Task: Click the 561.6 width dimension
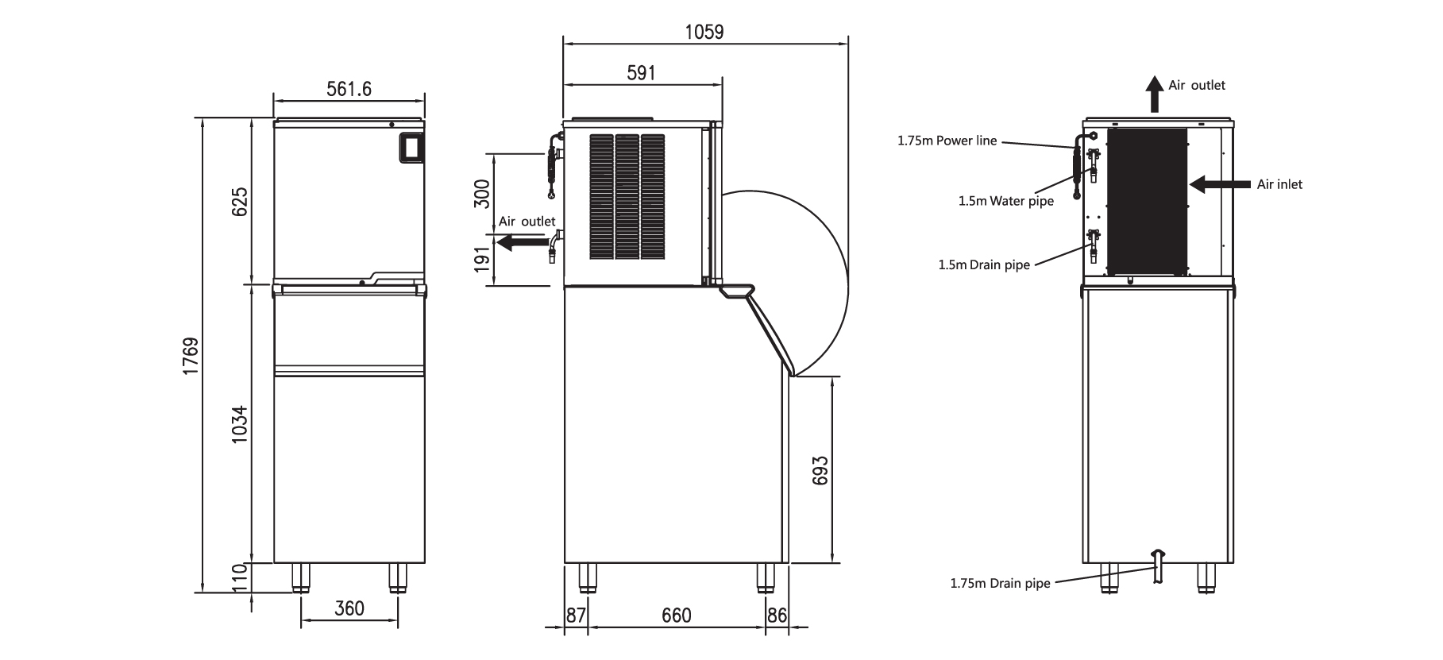(x=349, y=88)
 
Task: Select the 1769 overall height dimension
(x=191, y=356)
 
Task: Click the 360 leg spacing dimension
(x=349, y=608)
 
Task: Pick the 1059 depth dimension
(x=704, y=32)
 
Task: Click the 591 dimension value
(x=641, y=73)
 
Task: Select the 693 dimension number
(x=821, y=470)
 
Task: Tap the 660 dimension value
(x=676, y=616)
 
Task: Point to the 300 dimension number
(x=482, y=193)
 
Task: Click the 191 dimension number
(x=482, y=260)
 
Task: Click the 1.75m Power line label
(x=947, y=141)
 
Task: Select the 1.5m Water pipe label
(x=1005, y=202)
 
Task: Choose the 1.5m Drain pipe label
(x=983, y=265)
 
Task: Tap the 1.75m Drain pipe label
(x=1000, y=584)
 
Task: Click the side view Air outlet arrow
(x=517, y=242)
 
